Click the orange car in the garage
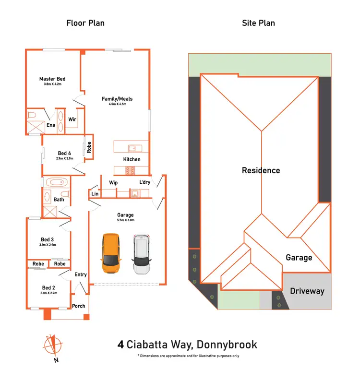coord(111,254)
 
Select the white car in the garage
coord(142,254)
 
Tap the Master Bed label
coord(52,79)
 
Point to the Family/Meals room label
coord(117,99)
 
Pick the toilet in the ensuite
coord(32,116)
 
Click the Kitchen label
coord(132,159)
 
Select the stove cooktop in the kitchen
coord(130,169)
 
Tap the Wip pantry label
coord(114,183)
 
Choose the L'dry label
coord(144,183)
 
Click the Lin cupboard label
coord(95,194)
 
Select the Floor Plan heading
coord(85,23)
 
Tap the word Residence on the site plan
coord(261,170)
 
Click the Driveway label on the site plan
coord(307,291)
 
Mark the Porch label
coord(78,306)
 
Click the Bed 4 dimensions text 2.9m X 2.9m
coord(64,158)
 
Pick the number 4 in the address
coord(121,345)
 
